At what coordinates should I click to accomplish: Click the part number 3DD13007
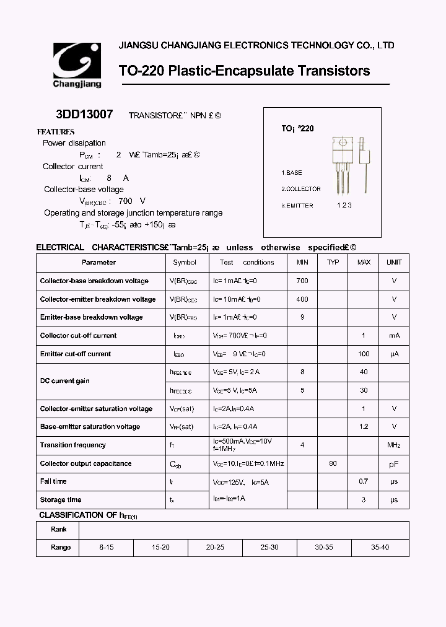[84, 115]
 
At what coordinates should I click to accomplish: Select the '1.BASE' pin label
[292, 172]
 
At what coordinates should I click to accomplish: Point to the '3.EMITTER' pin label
[297, 205]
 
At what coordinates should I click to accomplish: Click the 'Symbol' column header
[185, 262]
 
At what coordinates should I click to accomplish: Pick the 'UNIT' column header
[394, 262]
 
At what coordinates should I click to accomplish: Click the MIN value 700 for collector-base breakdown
[302, 281]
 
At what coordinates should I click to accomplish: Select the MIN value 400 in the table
[302, 299]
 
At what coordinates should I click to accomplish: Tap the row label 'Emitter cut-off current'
[76, 354]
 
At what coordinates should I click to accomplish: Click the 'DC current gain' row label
[65, 380]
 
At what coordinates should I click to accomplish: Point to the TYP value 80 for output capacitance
[333, 463]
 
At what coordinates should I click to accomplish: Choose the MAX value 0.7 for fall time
[364, 481]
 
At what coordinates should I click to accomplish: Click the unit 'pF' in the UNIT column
[394, 463]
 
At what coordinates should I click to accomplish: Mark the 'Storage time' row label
[61, 499]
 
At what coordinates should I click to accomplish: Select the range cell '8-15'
[107, 548]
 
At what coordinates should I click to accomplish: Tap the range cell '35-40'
[380, 548]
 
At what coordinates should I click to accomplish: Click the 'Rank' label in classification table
[59, 530]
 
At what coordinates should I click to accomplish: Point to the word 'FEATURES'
[56, 131]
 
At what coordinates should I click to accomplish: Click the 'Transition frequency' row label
[72, 445]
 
